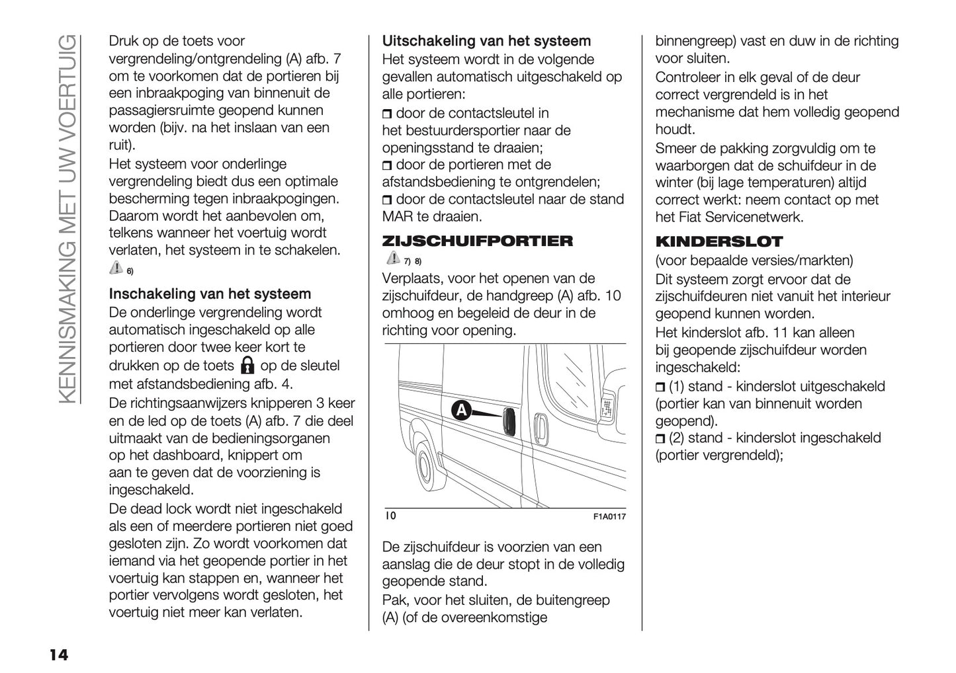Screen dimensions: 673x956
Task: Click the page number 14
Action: (x=58, y=655)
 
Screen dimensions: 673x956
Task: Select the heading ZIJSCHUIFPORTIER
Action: (x=478, y=241)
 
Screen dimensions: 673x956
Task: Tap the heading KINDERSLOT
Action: (x=718, y=241)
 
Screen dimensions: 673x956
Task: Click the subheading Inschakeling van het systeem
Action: (x=210, y=294)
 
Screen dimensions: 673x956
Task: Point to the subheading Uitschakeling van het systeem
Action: (x=486, y=41)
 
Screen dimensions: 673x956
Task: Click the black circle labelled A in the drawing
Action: (x=461, y=411)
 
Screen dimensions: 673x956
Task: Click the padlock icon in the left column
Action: (x=247, y=365)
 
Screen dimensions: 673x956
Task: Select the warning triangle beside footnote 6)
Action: (x=116, y=268)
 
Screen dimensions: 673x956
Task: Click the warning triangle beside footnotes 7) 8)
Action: (x=390, y=258)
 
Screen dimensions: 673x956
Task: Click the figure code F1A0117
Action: (x=609, y=517)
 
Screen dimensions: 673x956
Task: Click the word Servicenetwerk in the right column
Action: (x=750, y=217)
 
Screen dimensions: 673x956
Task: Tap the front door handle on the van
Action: (x=539, y=428)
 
